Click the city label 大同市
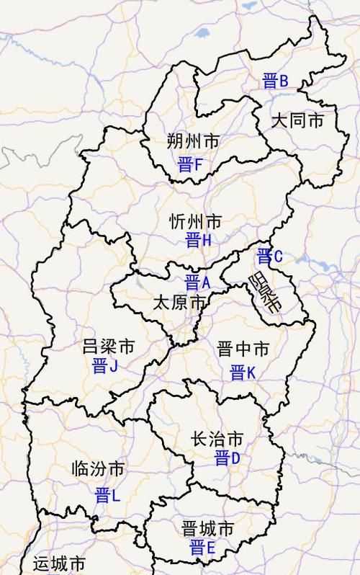[x=298, y=120]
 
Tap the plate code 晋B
[x=275, y=81]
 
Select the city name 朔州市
[x=192, y=140]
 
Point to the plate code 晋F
[x=192, y=166]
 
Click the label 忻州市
[x=196, y=221]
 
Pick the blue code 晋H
[x=198, y=241]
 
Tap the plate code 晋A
[x=197, y=282]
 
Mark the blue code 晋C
[x=270, y=255]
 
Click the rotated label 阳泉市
[x=265, y=292]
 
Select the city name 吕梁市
[x=109, y=347]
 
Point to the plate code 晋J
[x=105, y=365]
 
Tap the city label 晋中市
[x=243, y=350]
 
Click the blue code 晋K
[x=243, y=373]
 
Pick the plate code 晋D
[x=227, y=458]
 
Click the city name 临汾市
[x=99, y=470]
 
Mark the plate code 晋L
[x=107, y=495]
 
